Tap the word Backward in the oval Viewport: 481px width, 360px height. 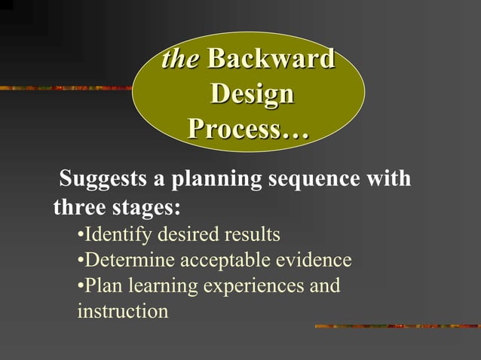(271, 60)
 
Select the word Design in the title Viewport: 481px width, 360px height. (251, 95)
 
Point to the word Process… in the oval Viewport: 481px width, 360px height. (249, 130)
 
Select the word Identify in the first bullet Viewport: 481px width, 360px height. (113, 235)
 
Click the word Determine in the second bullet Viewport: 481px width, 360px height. (124, 261)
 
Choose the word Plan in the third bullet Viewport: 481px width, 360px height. (104, 286)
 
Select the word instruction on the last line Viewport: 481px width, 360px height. (122, 311)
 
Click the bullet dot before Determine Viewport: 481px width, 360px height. (81, 261)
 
